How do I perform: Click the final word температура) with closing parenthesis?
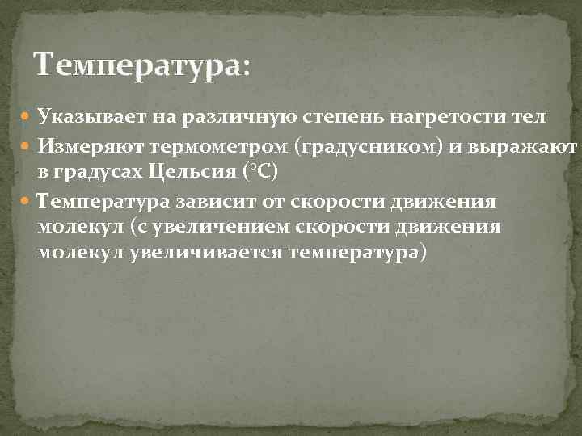click(356, 252)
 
